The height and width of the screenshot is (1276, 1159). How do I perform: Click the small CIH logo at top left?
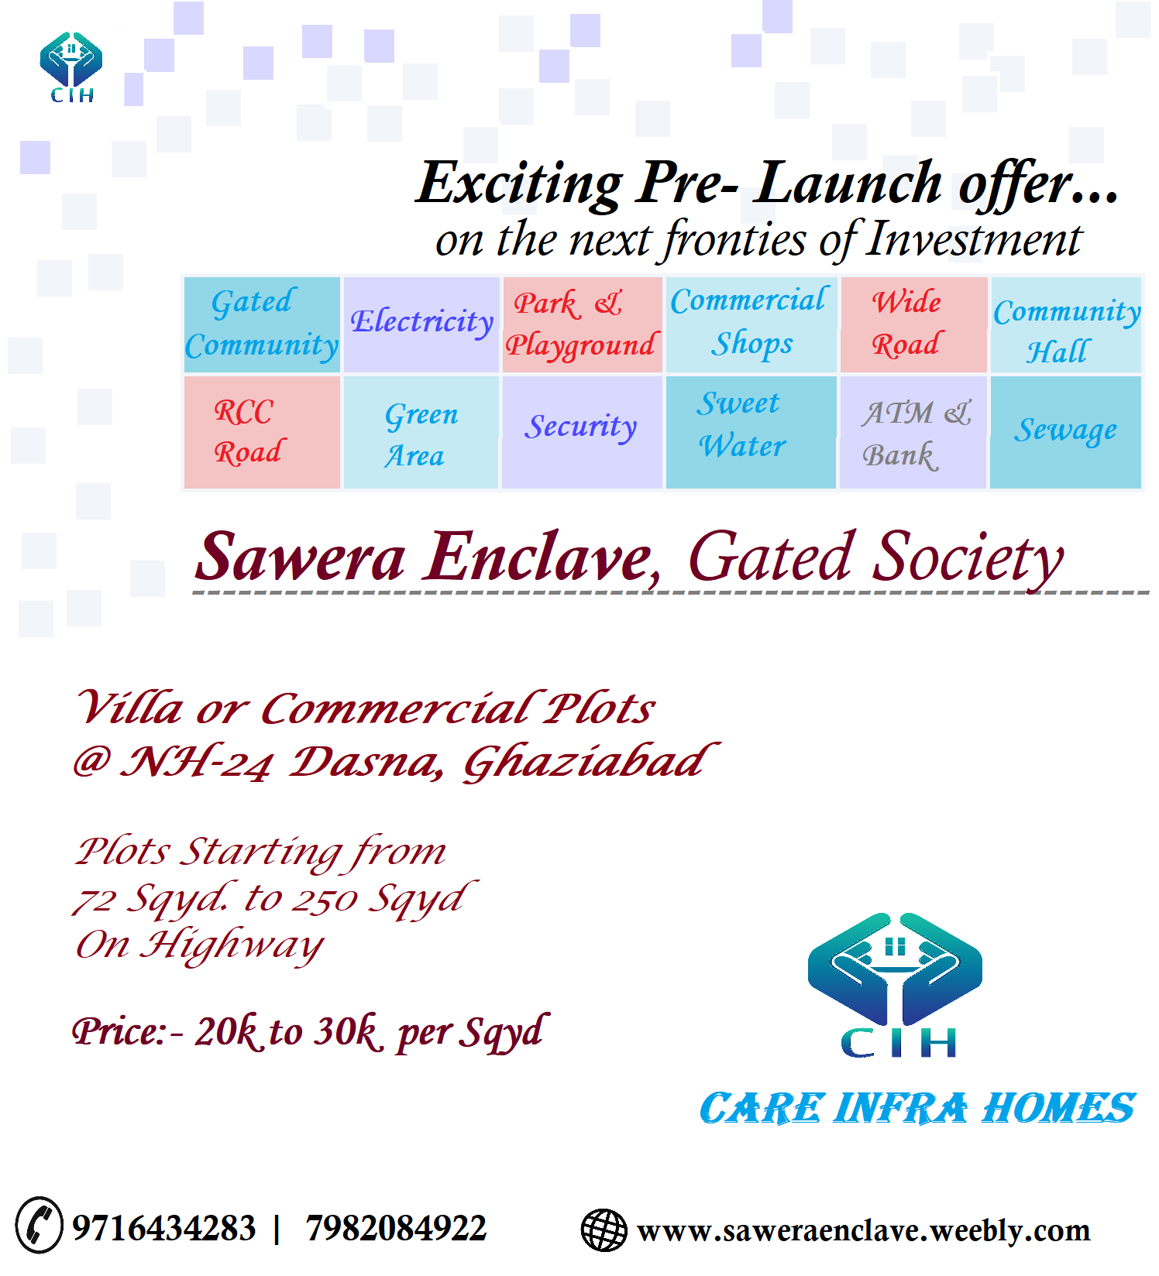71,67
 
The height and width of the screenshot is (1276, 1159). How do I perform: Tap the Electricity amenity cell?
421,324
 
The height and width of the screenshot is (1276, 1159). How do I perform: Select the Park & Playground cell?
582,324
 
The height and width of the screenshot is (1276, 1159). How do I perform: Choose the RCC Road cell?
262,432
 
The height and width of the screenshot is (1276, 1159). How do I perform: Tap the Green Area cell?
421,432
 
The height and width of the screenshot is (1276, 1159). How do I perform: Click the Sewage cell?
1066,431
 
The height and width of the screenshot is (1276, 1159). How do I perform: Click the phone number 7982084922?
396,1228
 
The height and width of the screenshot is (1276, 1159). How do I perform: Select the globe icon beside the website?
604,1230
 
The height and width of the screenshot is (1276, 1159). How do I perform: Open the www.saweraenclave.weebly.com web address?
863,1230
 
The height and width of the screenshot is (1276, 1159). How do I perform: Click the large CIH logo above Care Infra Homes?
896,983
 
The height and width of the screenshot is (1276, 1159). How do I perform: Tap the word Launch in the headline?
848,184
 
